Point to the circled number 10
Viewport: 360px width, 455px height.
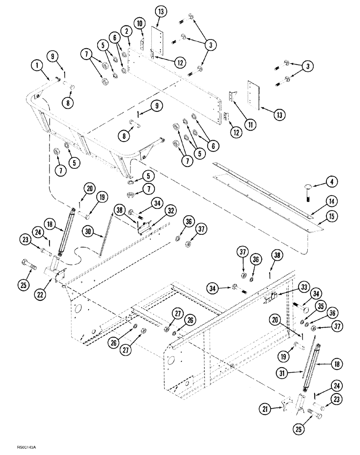coord(139,22)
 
